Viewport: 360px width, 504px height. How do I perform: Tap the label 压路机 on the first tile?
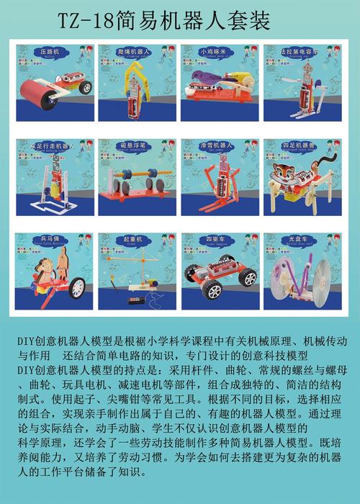point(50,51)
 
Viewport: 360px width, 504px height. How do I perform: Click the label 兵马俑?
point(50,238)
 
